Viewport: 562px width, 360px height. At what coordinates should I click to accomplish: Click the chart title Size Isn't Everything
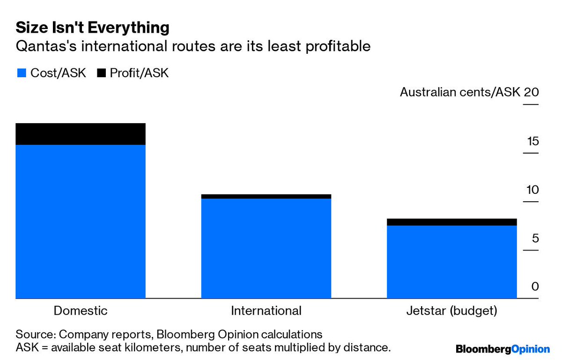click(x=92, y=28)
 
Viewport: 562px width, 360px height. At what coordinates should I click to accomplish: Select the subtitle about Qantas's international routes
click(x=193, y=46)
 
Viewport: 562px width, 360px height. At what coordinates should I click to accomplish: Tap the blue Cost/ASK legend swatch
click(x=21, y=73)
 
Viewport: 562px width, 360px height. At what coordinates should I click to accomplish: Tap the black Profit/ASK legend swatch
click(x=101, y=73)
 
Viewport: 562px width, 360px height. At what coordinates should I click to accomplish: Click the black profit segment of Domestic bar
click(x=81, y=134)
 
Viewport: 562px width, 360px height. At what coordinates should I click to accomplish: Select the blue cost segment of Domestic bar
click(x=81, y=221)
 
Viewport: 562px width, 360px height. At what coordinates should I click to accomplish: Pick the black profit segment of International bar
click(x=266, y=197)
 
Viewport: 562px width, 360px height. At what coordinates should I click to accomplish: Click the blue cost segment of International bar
click(x=266, y=248)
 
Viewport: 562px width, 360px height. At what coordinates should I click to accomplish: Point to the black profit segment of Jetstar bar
click(x=451, y=222)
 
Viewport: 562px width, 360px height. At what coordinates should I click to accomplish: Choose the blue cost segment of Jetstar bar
click(x=451, y=262)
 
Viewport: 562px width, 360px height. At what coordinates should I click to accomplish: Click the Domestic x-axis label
click(x=81, y=311)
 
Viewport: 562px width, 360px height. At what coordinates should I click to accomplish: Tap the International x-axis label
click(x=266, y=311)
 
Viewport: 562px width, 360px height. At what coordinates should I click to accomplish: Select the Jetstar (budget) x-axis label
click(x=451, y=311)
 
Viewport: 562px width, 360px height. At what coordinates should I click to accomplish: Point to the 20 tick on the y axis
click(x=531, y=92)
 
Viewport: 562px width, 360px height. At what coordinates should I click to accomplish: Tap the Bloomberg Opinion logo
click(x=503, y=349)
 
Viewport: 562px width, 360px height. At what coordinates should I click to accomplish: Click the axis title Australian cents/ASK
click(x=460, y=92)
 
